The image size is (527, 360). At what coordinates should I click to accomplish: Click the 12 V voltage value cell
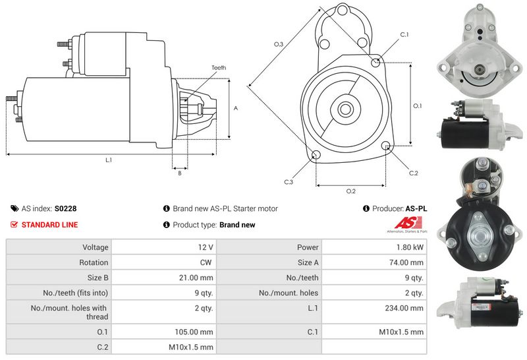(x=205, y=247)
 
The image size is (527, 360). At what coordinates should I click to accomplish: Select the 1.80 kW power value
(x=409, y=247)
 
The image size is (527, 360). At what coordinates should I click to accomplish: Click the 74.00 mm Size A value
(x=409, y=262)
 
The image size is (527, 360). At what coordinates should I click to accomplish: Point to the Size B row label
(x=97, y=278)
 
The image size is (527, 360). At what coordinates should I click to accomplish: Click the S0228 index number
(x=65, y=208)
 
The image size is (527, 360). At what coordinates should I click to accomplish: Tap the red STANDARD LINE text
(x=49, y=225)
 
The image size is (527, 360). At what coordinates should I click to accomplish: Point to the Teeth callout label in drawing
(x=219, y=68)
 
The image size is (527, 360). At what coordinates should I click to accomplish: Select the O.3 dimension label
(x=279, y=44)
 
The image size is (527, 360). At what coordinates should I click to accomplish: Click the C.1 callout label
(x=404, y=34)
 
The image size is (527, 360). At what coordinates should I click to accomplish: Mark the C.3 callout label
(x=289, y=182)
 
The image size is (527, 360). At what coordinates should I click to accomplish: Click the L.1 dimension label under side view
(x=108, y=160)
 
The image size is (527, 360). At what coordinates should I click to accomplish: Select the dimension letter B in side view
(x=179, y=173)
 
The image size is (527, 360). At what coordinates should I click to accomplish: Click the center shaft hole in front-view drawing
(x=345, y=107)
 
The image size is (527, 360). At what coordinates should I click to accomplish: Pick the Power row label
(x=308, y=247)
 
